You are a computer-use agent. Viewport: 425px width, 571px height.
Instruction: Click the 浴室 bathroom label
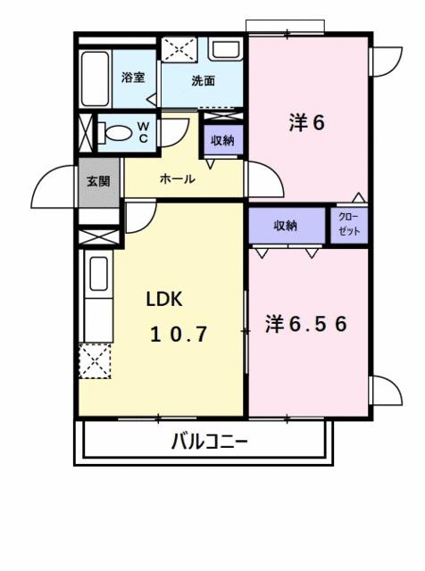[133, 78]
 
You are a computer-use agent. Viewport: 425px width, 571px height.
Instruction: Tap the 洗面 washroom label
[203, 81]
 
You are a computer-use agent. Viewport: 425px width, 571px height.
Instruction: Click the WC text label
[143, 131]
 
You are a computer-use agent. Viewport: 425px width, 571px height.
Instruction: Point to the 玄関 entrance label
[98, 181]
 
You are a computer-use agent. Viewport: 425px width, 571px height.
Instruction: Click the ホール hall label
[177, 179]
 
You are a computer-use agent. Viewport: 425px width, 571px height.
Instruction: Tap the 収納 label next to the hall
[222, 140]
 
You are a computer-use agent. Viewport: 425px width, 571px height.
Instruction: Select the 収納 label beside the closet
[285, 226]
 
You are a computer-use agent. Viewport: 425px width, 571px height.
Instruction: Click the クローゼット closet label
[350, 225]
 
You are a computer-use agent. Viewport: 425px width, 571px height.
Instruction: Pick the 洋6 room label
[306, 123]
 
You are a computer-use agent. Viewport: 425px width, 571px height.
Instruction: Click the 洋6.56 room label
[305, 324]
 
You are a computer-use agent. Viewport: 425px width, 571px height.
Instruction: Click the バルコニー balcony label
[208, 441]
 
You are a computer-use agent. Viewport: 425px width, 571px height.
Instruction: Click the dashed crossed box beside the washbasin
[182, 50]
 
